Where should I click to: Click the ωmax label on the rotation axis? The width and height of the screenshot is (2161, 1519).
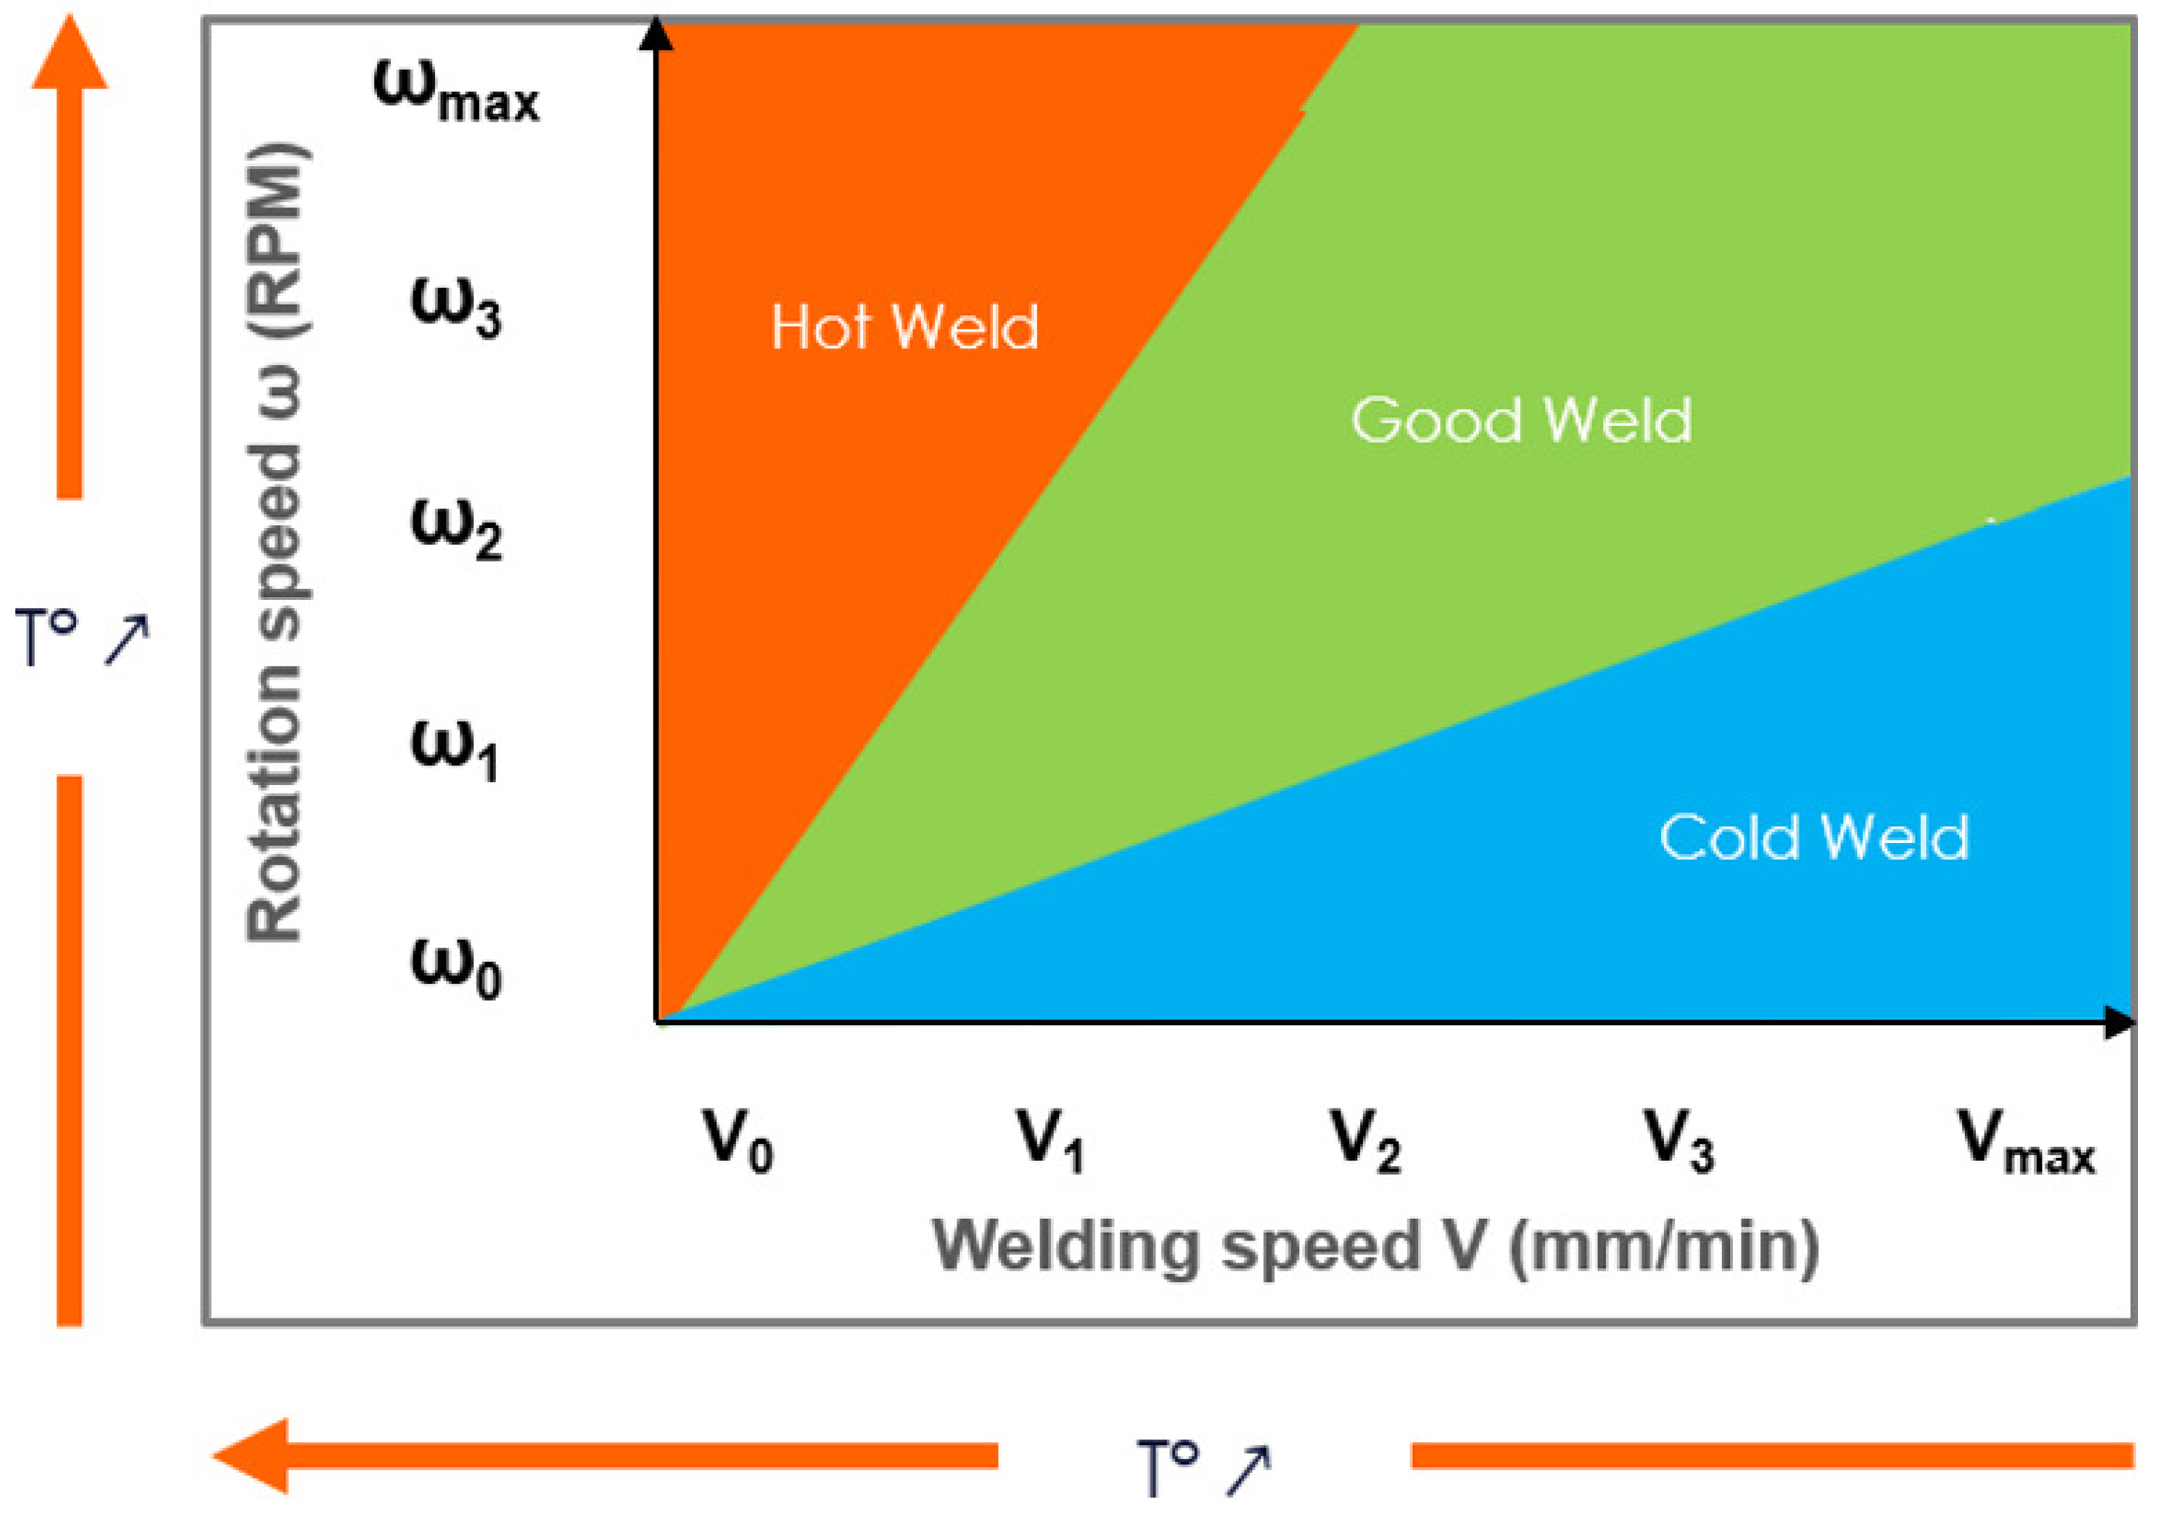(x=457, y=91)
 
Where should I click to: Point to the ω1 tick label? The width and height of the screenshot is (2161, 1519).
(x=455, y=750)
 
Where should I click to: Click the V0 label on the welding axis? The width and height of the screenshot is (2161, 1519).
(x=737, y=1140)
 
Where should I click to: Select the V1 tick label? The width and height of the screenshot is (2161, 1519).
(x=1050, y=1140)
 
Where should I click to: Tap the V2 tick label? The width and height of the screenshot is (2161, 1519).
(x=1365, y=1140)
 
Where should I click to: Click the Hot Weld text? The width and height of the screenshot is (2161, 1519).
(x=904, y=328)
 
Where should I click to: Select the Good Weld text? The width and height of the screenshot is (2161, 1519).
(x=1521, y=420)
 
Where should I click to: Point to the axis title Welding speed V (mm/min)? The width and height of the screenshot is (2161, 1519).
(x=1374, y=1247)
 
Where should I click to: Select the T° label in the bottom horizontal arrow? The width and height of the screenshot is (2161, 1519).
(x=1168, y=1465)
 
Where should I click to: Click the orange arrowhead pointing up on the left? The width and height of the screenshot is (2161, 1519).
(x=70, y=54)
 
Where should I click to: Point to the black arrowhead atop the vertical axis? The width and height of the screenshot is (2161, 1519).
(x=656, y=34)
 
